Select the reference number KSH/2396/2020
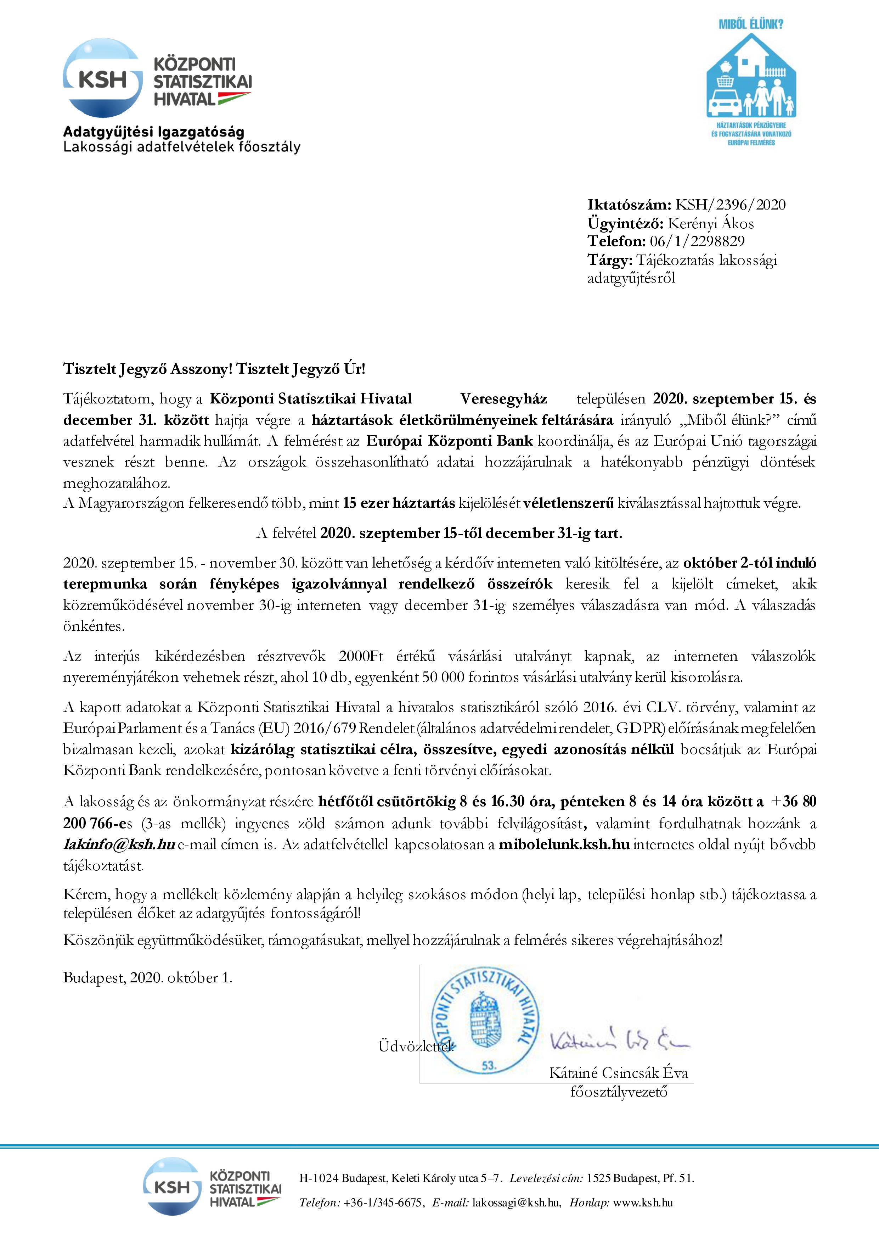(x=730, y=205)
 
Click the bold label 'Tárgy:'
(x=610, y=260)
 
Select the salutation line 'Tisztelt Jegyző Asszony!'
(x=148, y=369)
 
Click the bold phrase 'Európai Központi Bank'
(x=450, y=441)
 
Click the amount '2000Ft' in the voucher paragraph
(x=361, y=656)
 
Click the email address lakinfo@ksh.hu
(x=119, y=844)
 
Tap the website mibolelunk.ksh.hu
(x=563, y=844)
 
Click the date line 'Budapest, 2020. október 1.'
(x=148, y=977)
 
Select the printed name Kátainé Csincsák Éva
(x=619, y=1073)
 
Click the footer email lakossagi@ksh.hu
(x=515, y=1202)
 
